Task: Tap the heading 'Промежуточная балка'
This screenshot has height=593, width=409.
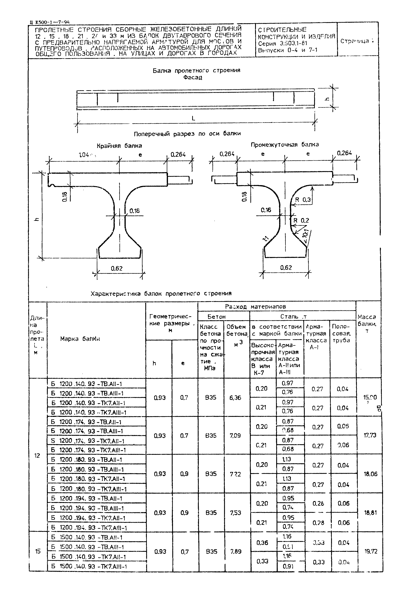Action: [x=284, y=145]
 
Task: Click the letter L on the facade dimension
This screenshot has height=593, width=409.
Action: [x=193, y=118]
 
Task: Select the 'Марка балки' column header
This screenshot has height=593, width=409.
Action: [x=80, y=339]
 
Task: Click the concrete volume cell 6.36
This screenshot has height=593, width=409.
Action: [x=235, y=397]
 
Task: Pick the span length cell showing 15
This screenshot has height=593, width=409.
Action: [x=38, y=551]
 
